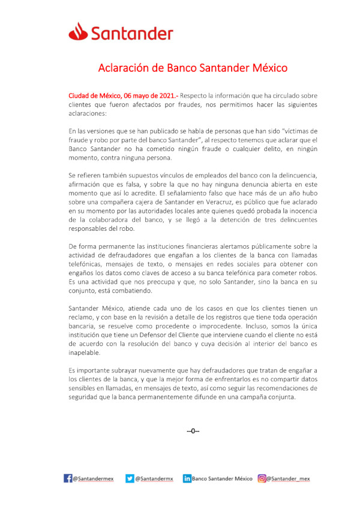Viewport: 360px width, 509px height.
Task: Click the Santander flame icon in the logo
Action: tap(77, 31)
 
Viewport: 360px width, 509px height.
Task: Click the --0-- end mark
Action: tap(193, 430)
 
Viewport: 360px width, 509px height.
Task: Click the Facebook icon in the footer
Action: tap(68, 478)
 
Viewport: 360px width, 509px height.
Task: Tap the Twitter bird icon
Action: tap(130, 478)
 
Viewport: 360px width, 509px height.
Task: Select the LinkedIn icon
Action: tap(187, 478)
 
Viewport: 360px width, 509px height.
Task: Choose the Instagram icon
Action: tap(262, 478)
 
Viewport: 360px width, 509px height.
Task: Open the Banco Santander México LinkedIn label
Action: tap(222, 479)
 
